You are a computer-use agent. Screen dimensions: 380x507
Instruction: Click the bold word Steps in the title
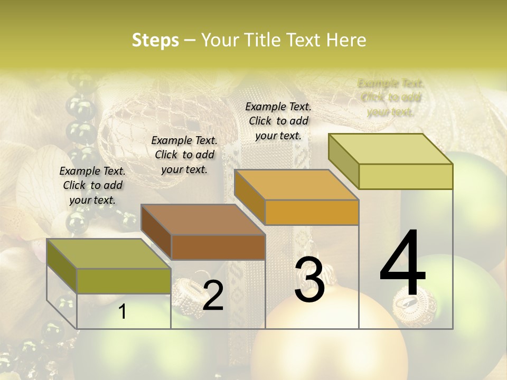(155, 40)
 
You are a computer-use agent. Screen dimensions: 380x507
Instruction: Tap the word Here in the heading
(346, 40)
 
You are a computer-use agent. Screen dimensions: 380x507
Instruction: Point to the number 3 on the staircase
(309, 280)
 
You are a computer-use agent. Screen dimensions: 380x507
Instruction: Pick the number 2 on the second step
(213, 296)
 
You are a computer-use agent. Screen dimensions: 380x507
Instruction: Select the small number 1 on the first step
(123, 312)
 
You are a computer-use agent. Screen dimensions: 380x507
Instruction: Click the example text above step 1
(92, 185)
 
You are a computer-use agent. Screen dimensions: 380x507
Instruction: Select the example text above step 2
(184, 155)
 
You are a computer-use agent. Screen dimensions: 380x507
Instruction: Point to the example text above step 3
(278, 121)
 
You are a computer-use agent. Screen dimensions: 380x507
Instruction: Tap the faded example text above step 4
(391, 97)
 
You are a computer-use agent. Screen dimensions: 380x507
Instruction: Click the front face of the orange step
(312, 213)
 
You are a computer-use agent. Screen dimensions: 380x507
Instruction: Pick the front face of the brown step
(218, 248)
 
